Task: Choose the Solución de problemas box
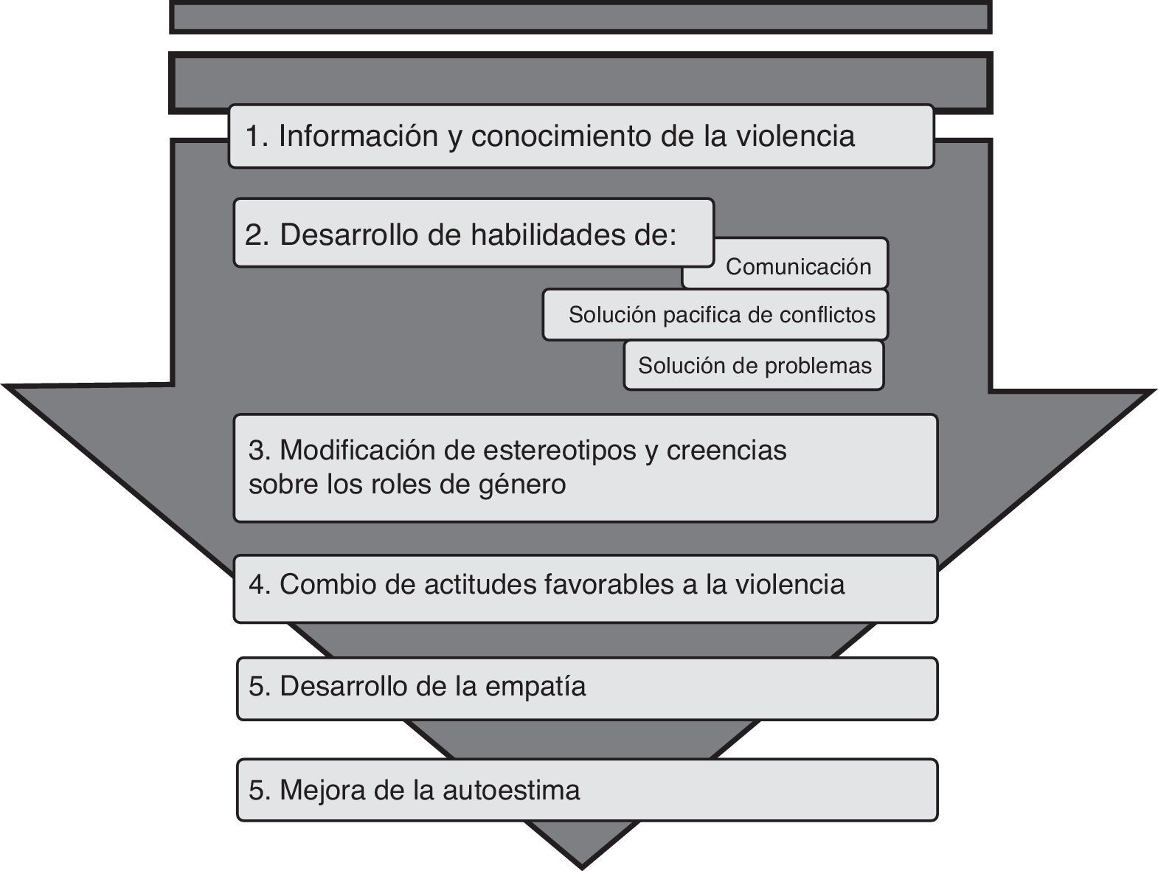(x=754, y=365)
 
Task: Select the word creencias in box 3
(x=727, y=450)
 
